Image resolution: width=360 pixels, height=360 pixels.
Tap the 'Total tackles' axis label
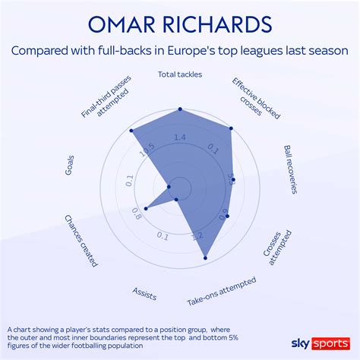[180, 74]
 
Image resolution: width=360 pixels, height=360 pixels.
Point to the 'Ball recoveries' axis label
[292, 170]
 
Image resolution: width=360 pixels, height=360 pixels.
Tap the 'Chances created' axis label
[81, 241]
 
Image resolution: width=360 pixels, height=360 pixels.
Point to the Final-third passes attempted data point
[134, 129]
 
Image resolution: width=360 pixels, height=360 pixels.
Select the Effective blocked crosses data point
[230, 128]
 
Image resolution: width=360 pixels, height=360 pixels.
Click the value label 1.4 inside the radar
[179, 137]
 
